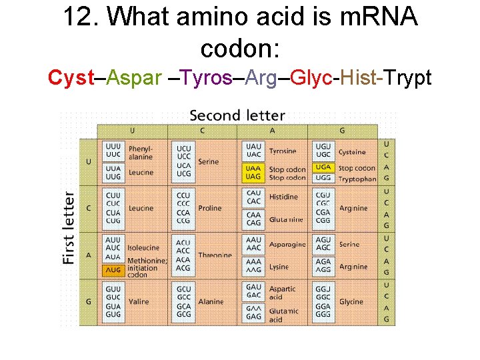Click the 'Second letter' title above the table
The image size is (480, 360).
click(x=237, y=116)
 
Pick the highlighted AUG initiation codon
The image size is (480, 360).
click(x=113, y=271)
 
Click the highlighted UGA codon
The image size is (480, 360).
click(x=323, y=167)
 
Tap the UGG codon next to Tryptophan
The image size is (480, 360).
click(x=323, y=178)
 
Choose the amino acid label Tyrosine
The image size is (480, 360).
click(x=282, y=151)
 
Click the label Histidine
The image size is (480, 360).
click(x=283, y=197)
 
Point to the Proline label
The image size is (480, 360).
click(x=210, y=208)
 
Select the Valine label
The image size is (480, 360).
click(x=139, y=301)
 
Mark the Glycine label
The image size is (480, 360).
click(x=352, y=301)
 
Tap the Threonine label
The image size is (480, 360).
click(x=215, y=255)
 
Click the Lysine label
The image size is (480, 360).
click(x=279, y=267)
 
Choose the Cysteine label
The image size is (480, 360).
click(x=351, y=152)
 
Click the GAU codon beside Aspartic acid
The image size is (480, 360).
click(x=253, y=287)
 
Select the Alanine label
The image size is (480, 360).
click(x=211, y=301)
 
